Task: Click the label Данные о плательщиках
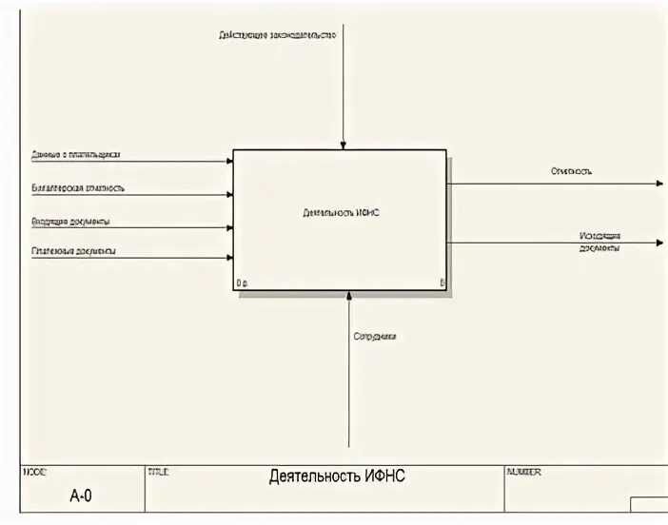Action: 75,154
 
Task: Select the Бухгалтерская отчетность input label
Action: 77,187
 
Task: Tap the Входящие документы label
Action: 70,221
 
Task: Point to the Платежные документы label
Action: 74,251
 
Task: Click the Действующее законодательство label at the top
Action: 277,35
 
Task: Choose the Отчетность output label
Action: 571,172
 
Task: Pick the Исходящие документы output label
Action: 599,242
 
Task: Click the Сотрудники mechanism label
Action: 375,337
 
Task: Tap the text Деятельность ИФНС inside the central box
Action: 340,214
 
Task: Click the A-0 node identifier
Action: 82,496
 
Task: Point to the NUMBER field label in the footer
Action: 524,471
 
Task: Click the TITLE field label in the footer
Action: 158,471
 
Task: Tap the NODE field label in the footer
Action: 33,471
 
